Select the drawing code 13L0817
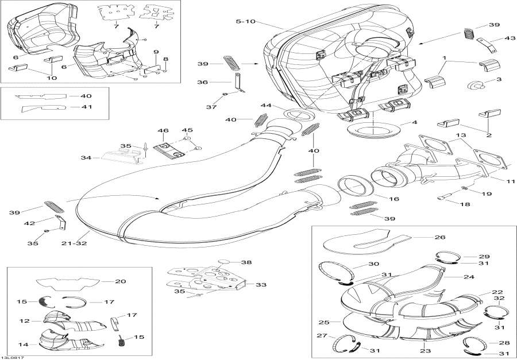click(x=12, y=357)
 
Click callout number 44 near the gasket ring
click(x=265, y=106)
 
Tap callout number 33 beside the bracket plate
click(x=261, y=284)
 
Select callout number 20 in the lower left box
click(x=120, y=281)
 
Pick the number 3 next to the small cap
click(x=499, y=80)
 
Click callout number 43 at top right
click(x=494, y=38)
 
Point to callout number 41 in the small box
click(x=86, y=107)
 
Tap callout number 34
click(x=86, y=157)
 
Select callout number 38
click(x=246, y=262)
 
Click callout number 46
click(x=164, y=131)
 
